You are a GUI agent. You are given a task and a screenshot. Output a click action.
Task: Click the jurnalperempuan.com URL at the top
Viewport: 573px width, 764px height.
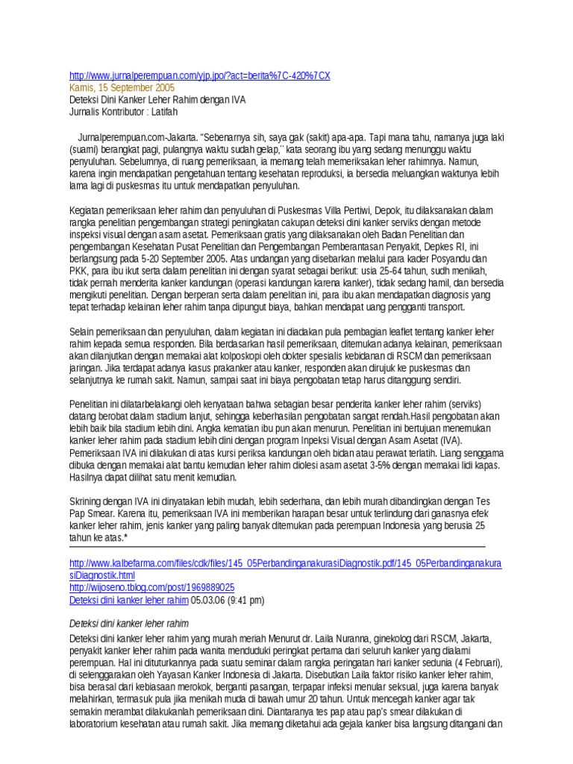[x=198, y=76]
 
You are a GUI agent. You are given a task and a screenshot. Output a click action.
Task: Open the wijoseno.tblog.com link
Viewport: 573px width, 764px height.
[x=151, y=588]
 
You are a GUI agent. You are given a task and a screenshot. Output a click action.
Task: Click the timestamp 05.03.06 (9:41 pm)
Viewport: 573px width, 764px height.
[x=228, y=600]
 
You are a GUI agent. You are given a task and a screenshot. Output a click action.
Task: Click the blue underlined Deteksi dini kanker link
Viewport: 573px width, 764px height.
[x=128, y=600]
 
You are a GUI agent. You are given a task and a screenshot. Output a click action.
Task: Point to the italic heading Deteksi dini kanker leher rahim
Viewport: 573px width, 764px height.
[x=128, y=624]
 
